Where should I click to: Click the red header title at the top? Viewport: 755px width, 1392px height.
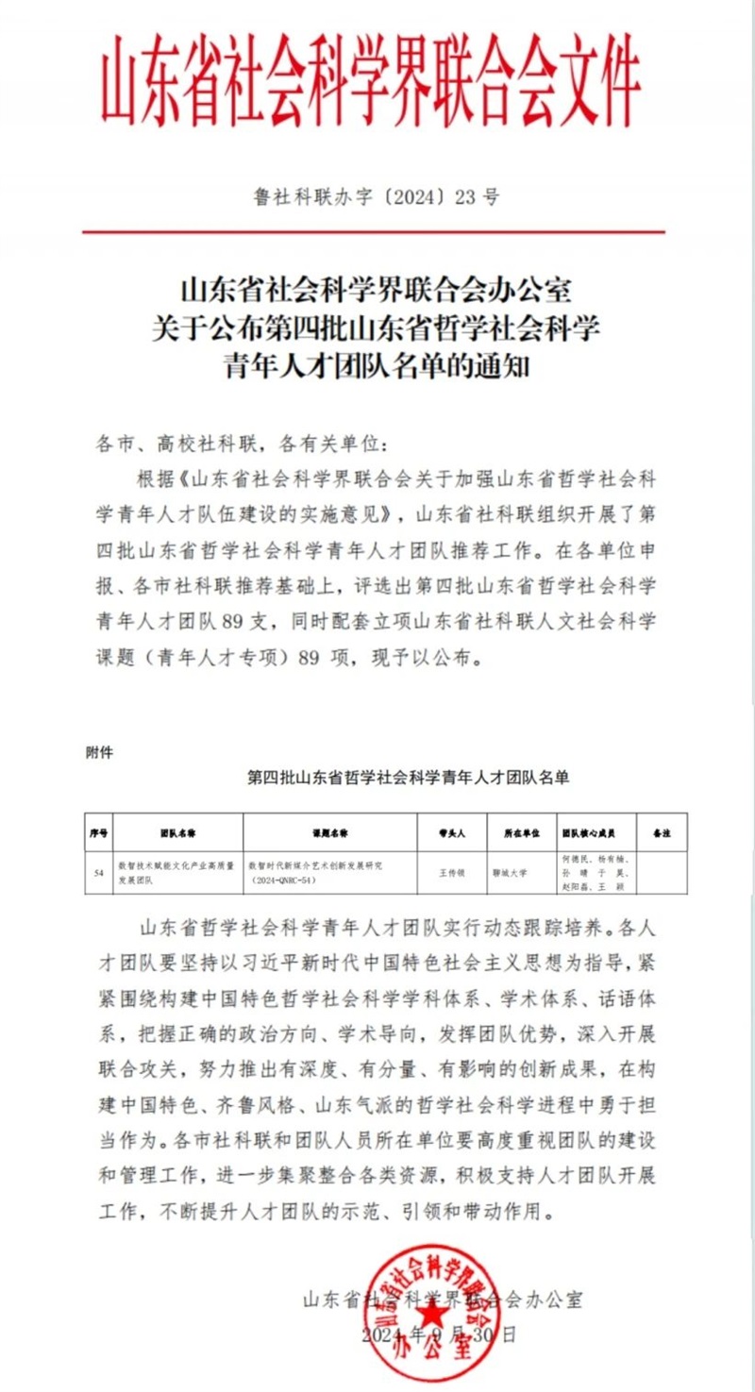point(371,83)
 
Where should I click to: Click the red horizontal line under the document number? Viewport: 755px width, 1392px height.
point(373,232)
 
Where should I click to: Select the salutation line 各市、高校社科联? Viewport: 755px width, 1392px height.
point(242,444)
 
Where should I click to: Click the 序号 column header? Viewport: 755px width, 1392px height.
point(98,834)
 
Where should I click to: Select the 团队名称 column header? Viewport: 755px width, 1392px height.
point(176,834)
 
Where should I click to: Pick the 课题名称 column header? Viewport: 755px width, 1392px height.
point(330,834)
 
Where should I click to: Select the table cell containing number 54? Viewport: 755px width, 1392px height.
point(98,873)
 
